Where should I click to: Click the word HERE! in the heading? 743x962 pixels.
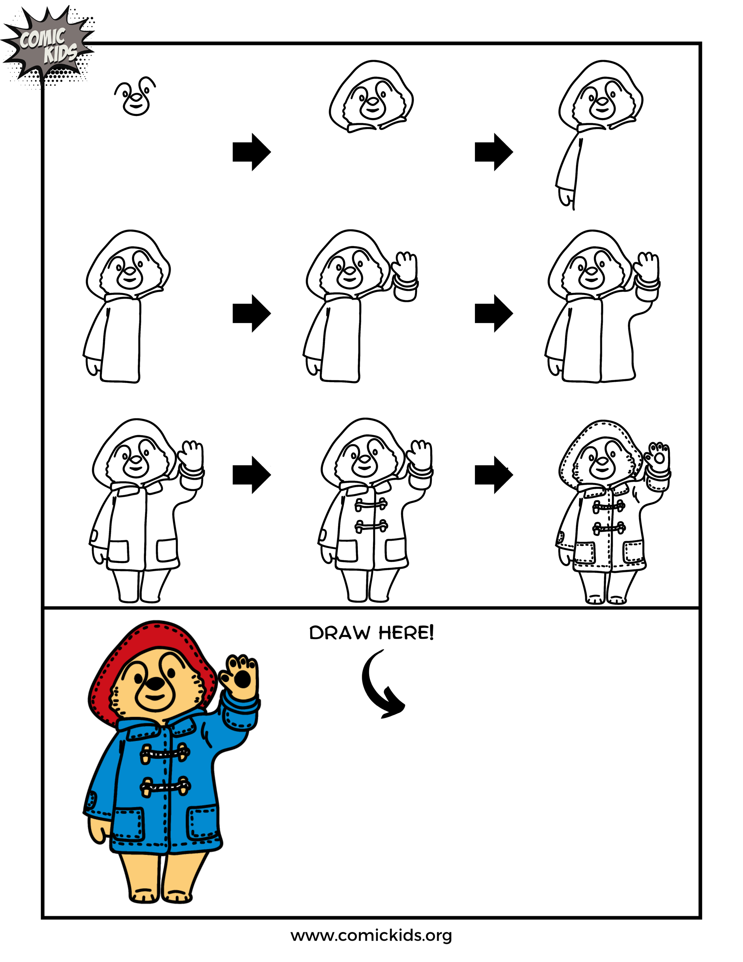tap(406, 633)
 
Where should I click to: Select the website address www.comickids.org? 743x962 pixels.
tap(371, 935)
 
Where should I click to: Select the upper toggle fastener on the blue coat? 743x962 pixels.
tap(165, 753)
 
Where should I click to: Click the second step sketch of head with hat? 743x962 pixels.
tap(371, 96)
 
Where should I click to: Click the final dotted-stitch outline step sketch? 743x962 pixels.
tap(612, 511)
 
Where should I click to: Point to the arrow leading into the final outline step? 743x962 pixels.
tap(493, 475)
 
